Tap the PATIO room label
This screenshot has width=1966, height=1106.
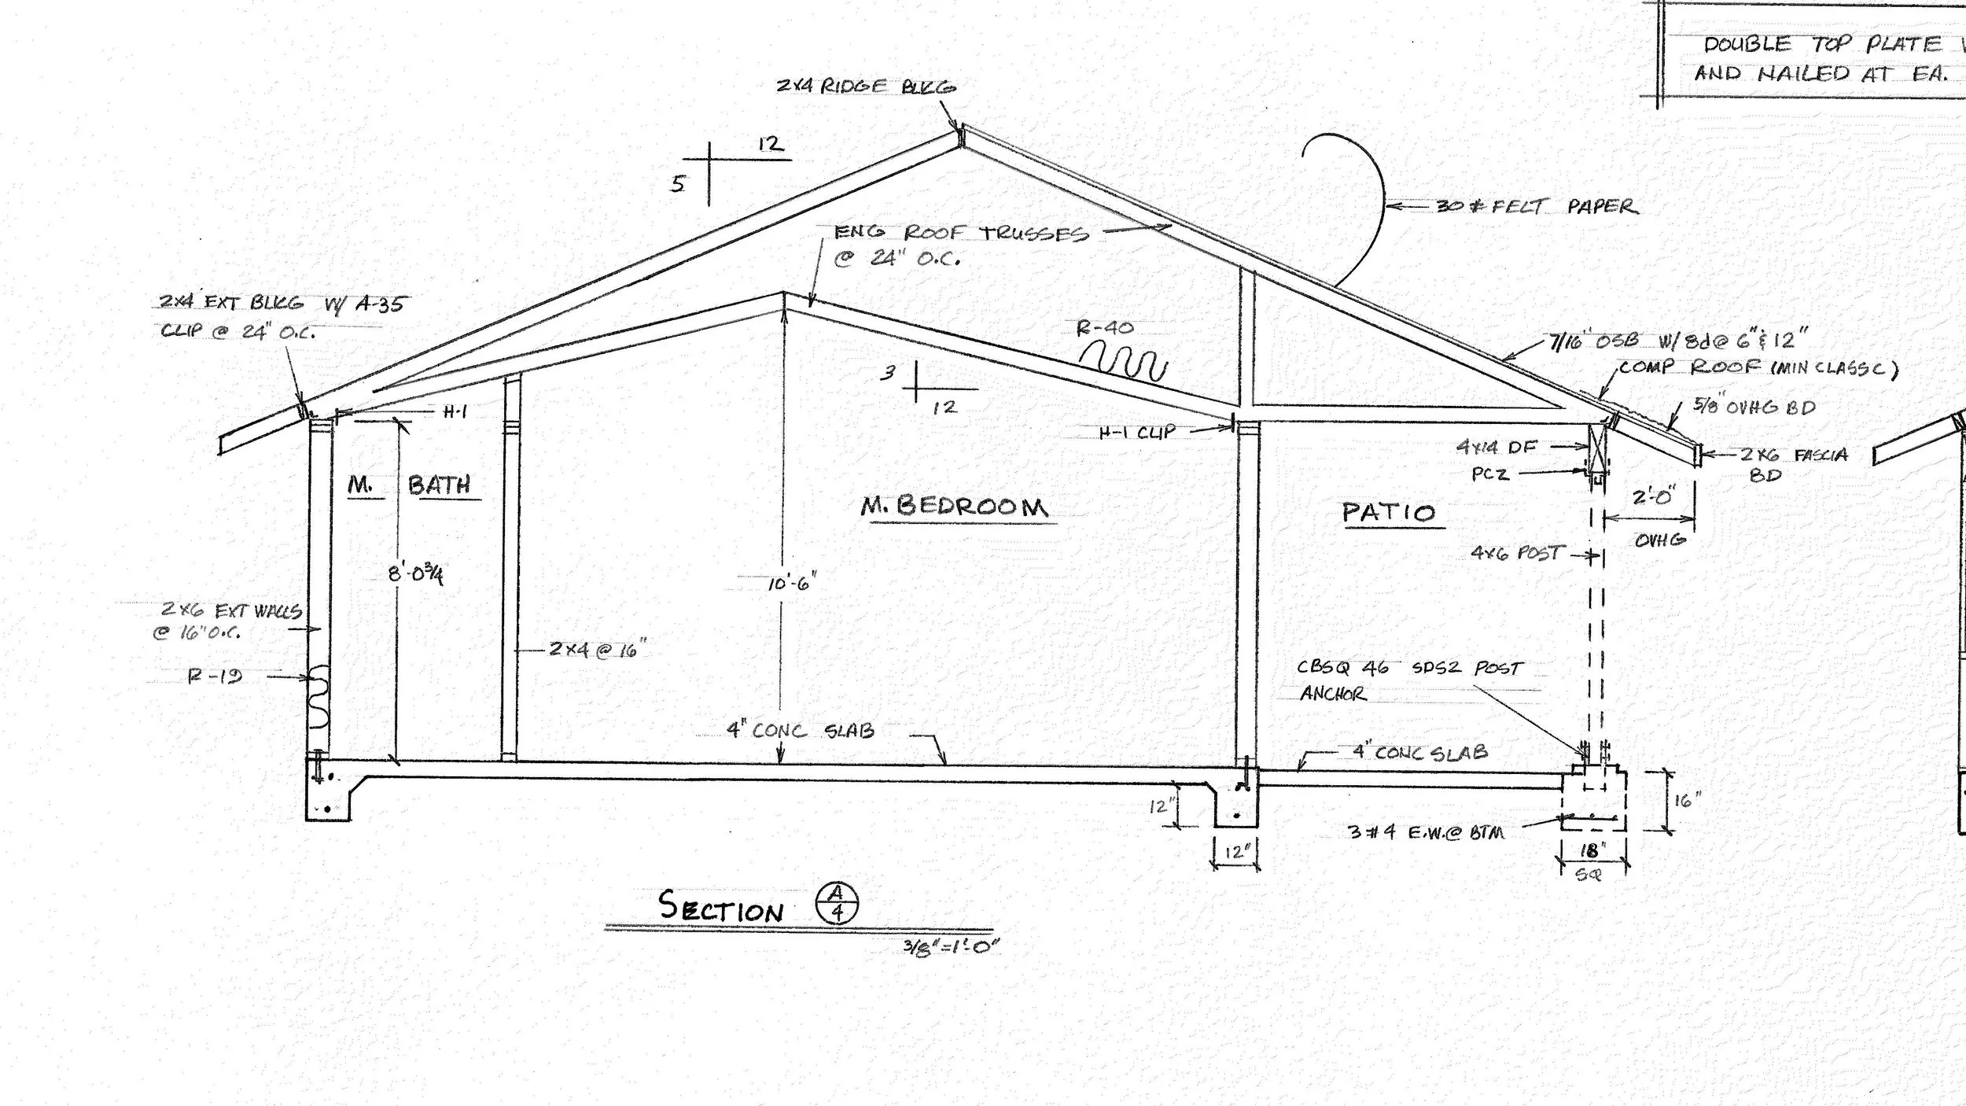coord(1389,513)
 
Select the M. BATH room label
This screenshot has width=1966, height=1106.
coord(411,485)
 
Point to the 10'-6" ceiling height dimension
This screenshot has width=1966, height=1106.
coord(792,583)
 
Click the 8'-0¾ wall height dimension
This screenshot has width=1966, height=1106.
coord(415,574)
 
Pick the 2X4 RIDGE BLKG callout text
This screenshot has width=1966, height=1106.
coord(866,87)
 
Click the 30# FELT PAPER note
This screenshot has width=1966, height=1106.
coord(1537,206)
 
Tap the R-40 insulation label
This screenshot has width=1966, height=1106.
coord(1105,328)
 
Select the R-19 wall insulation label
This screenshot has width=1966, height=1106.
coord(215,676)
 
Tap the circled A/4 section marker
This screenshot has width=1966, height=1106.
coord(838,902)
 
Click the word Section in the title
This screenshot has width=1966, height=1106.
coord(721,907)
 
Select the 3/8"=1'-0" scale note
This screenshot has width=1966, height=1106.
coord(951,946)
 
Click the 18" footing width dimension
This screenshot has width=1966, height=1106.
coord(1592,851)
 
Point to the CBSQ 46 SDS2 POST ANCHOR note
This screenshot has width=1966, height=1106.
coord(1409,680)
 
